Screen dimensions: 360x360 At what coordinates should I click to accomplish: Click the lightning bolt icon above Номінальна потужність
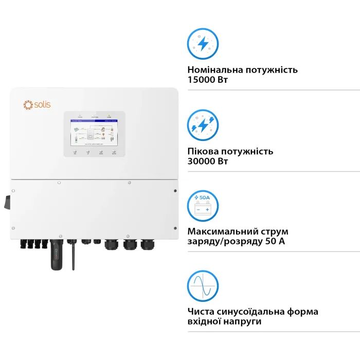(203, 44)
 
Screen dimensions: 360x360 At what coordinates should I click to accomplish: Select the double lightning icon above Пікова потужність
(203, 125)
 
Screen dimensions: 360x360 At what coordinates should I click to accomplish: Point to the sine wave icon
(203, 286)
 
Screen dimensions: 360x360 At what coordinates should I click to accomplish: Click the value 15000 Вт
(208, 80)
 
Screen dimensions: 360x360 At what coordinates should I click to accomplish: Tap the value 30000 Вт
(208, 161)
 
